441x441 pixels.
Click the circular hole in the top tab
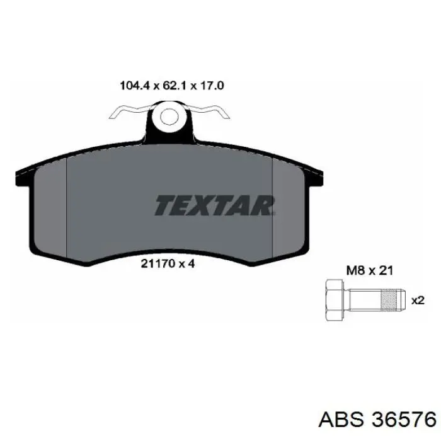pyautogui.click(x=168, y=117)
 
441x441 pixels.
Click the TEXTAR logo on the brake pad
pyautogui.click(x=215, y=205)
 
